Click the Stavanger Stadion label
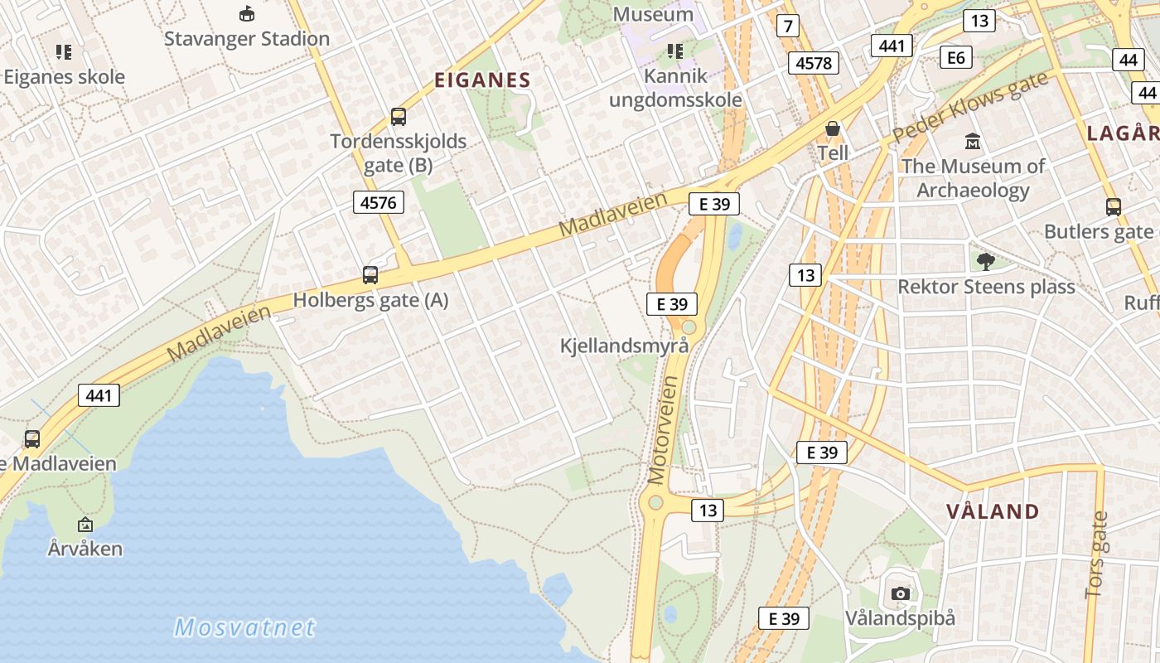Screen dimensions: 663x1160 (246, 38)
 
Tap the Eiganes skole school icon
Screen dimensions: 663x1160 (64, 52)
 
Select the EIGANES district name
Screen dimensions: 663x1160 (482, 80)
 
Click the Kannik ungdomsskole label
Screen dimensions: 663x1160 (675, 88)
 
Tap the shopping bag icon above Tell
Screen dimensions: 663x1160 (833, 129)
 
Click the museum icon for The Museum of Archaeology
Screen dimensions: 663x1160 (973, 142)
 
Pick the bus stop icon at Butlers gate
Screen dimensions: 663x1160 (1114, 207)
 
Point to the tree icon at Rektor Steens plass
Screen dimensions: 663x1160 (985, 262)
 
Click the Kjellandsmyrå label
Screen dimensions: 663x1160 (624, 346)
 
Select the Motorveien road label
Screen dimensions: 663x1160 (664, 430)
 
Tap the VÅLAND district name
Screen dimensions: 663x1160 (993, 511)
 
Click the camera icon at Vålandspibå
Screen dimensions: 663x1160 (901, 593)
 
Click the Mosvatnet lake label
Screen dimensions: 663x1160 (245, 627)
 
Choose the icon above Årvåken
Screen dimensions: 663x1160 (85, 525)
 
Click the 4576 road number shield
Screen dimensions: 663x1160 (379, 202)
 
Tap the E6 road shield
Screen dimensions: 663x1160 (956, 57)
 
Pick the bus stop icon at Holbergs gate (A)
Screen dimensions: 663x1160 (370, 275)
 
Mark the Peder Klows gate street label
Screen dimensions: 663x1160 (970, 107)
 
